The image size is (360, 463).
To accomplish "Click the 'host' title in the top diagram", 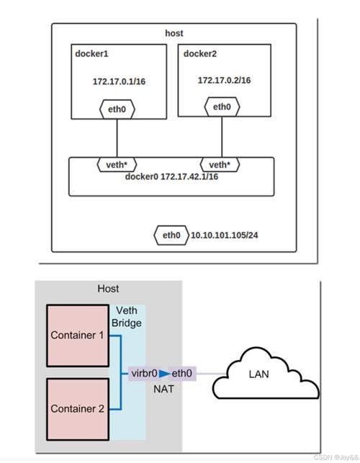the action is tap(174, 33).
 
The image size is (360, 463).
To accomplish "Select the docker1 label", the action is tap(91, 54).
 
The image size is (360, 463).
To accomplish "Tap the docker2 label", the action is tap(200, 54).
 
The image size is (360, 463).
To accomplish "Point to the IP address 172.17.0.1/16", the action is tap(119, 81).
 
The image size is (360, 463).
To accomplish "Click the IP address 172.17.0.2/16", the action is tap(224, 81).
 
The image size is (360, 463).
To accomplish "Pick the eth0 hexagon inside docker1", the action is tap(117, 109).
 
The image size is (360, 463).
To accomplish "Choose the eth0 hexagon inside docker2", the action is tap(222, 107).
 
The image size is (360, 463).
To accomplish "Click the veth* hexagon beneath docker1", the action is tap(117, 164).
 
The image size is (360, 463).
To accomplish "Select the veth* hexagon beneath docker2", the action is tap(220, 164).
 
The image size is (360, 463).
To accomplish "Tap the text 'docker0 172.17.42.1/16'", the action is tap(171, 176).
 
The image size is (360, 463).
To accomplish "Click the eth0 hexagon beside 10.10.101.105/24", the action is tap(171, 235).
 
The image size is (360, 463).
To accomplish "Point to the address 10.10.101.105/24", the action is tap(224, 235).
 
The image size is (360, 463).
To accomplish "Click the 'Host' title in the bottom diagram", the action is tap(108, 289).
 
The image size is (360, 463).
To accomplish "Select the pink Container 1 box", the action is tap(78, 336).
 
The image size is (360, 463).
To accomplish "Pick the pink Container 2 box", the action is tap(78, 409).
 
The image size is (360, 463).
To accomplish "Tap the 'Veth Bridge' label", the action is tap(127, 317).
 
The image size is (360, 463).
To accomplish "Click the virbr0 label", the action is tap(144, 374).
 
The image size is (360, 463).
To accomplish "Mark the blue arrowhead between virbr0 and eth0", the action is tap(164, 374).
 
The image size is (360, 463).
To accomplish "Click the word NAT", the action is tap(163, 389).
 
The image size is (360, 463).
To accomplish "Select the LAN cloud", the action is tap(266, 373).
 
